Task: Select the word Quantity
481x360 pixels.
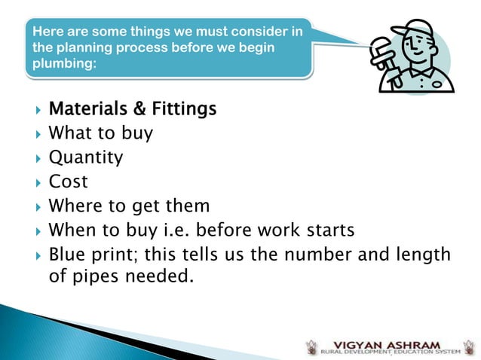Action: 85,158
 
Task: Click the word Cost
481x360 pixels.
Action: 68,182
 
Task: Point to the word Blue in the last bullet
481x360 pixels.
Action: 66,254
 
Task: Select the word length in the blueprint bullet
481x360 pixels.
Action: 424,254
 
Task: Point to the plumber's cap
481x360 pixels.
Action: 412,30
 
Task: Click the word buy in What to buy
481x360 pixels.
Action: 136,135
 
